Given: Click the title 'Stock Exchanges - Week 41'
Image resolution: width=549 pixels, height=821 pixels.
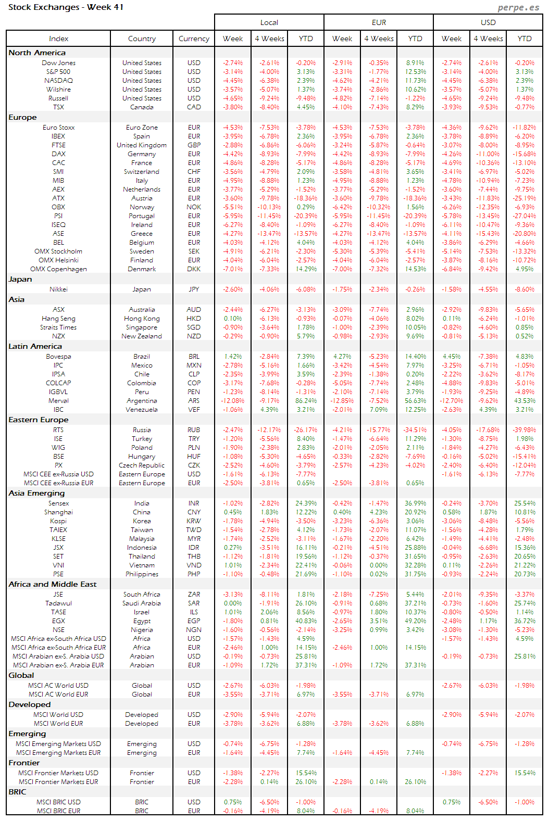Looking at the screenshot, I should point(66,7).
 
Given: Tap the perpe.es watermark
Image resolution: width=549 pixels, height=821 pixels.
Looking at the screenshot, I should point(518,7).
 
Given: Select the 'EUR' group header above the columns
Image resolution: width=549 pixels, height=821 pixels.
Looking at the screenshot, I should point(379,22).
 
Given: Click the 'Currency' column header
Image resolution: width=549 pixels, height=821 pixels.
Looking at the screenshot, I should point(194,39).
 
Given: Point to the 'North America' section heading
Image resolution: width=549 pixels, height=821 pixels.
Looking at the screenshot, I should point(37,53).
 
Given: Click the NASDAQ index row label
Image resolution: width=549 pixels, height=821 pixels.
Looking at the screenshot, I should point(58,81).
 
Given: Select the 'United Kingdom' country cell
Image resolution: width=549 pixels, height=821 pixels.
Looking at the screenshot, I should point(142,145).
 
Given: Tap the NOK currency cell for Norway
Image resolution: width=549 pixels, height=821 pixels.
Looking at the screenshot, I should point(194,207).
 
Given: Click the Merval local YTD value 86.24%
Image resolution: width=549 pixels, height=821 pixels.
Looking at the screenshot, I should point(306,401).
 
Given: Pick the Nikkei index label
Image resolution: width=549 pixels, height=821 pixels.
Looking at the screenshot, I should point(58,289).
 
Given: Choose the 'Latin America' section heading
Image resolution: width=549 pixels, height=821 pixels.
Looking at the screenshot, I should point(35,346).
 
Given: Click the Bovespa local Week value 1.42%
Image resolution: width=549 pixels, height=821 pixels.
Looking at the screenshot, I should point(233,357).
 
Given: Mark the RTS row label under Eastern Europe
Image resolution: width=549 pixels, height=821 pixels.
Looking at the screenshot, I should point(58,430).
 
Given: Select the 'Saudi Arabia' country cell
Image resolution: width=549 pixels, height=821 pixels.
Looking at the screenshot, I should point(142,603).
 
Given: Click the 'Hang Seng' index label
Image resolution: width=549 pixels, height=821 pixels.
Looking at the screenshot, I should point(58,319).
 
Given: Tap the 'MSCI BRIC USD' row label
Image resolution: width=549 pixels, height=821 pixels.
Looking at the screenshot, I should point(58,802).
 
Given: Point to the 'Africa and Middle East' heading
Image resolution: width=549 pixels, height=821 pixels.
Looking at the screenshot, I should point(52,584).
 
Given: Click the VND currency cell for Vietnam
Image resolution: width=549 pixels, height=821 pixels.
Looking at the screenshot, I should point(194,565).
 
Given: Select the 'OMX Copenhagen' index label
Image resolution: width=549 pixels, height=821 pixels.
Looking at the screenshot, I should point(58,269).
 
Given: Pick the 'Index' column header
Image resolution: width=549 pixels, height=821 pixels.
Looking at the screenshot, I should point(58,39).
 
